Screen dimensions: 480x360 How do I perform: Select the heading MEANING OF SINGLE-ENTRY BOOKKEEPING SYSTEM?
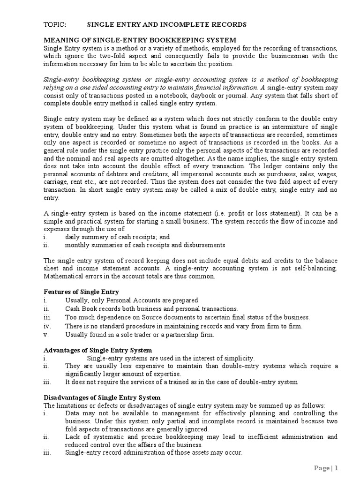[140, 40]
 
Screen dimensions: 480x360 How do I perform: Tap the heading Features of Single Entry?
[81, 292]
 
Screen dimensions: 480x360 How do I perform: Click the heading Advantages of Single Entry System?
[97, 350]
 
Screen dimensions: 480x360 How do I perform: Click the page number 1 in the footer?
[336, 468]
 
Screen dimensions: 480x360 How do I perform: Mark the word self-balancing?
[314, 269]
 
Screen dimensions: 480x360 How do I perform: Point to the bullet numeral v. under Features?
[45, 334]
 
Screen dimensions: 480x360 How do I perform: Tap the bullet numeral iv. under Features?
[46, 326]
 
